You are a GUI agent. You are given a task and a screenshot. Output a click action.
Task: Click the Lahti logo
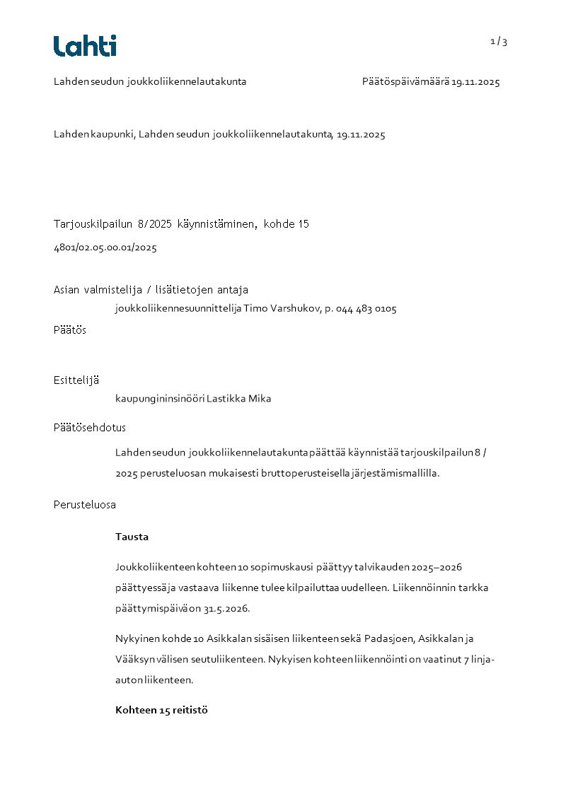[85, 46]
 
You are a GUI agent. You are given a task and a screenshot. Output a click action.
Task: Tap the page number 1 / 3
[499, 42]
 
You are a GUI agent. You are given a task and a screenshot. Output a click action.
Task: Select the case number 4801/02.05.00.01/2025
[105, 247]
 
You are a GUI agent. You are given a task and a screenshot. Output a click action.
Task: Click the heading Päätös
[70, 329]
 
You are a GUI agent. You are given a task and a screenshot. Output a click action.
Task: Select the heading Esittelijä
[76, 380]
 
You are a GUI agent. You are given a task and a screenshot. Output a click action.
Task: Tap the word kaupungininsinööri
[159, 399]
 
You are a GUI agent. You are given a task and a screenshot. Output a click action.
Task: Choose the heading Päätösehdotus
[90, 428]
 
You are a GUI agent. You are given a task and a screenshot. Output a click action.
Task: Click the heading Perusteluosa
[85, 505]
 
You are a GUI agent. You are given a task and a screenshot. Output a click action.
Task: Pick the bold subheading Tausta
[132, 537]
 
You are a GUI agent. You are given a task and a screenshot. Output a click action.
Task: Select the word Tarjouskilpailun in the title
[88, 224]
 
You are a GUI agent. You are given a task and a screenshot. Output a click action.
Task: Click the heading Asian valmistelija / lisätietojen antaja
[151, 290]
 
